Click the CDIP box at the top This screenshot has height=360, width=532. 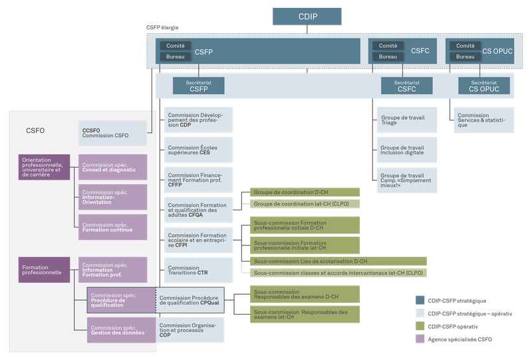[307, 17]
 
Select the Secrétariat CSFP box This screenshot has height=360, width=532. [198, 85]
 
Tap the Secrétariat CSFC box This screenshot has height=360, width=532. [406, 85]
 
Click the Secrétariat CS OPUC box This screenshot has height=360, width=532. [483, 85]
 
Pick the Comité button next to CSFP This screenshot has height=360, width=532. [175, 45]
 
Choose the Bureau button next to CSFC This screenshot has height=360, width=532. [388, 57]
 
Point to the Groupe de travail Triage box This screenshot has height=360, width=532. [405, 119]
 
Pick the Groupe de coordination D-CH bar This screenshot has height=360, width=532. [305, 192]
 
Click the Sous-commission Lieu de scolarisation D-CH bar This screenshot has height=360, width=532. [337, 262]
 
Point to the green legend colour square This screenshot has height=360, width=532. [420, 326]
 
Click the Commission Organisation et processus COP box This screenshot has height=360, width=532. [192, 329]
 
